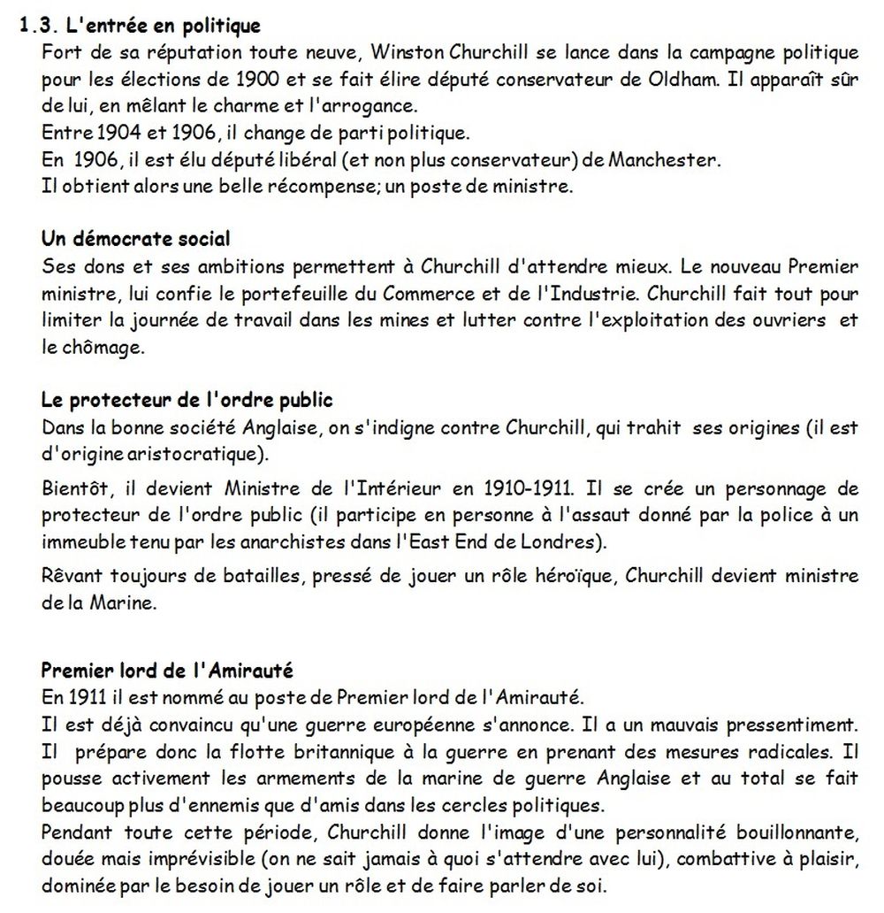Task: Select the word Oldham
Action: pos(690,79)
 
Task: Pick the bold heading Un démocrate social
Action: pos(136,239)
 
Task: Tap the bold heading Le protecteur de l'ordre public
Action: pos(187,400)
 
